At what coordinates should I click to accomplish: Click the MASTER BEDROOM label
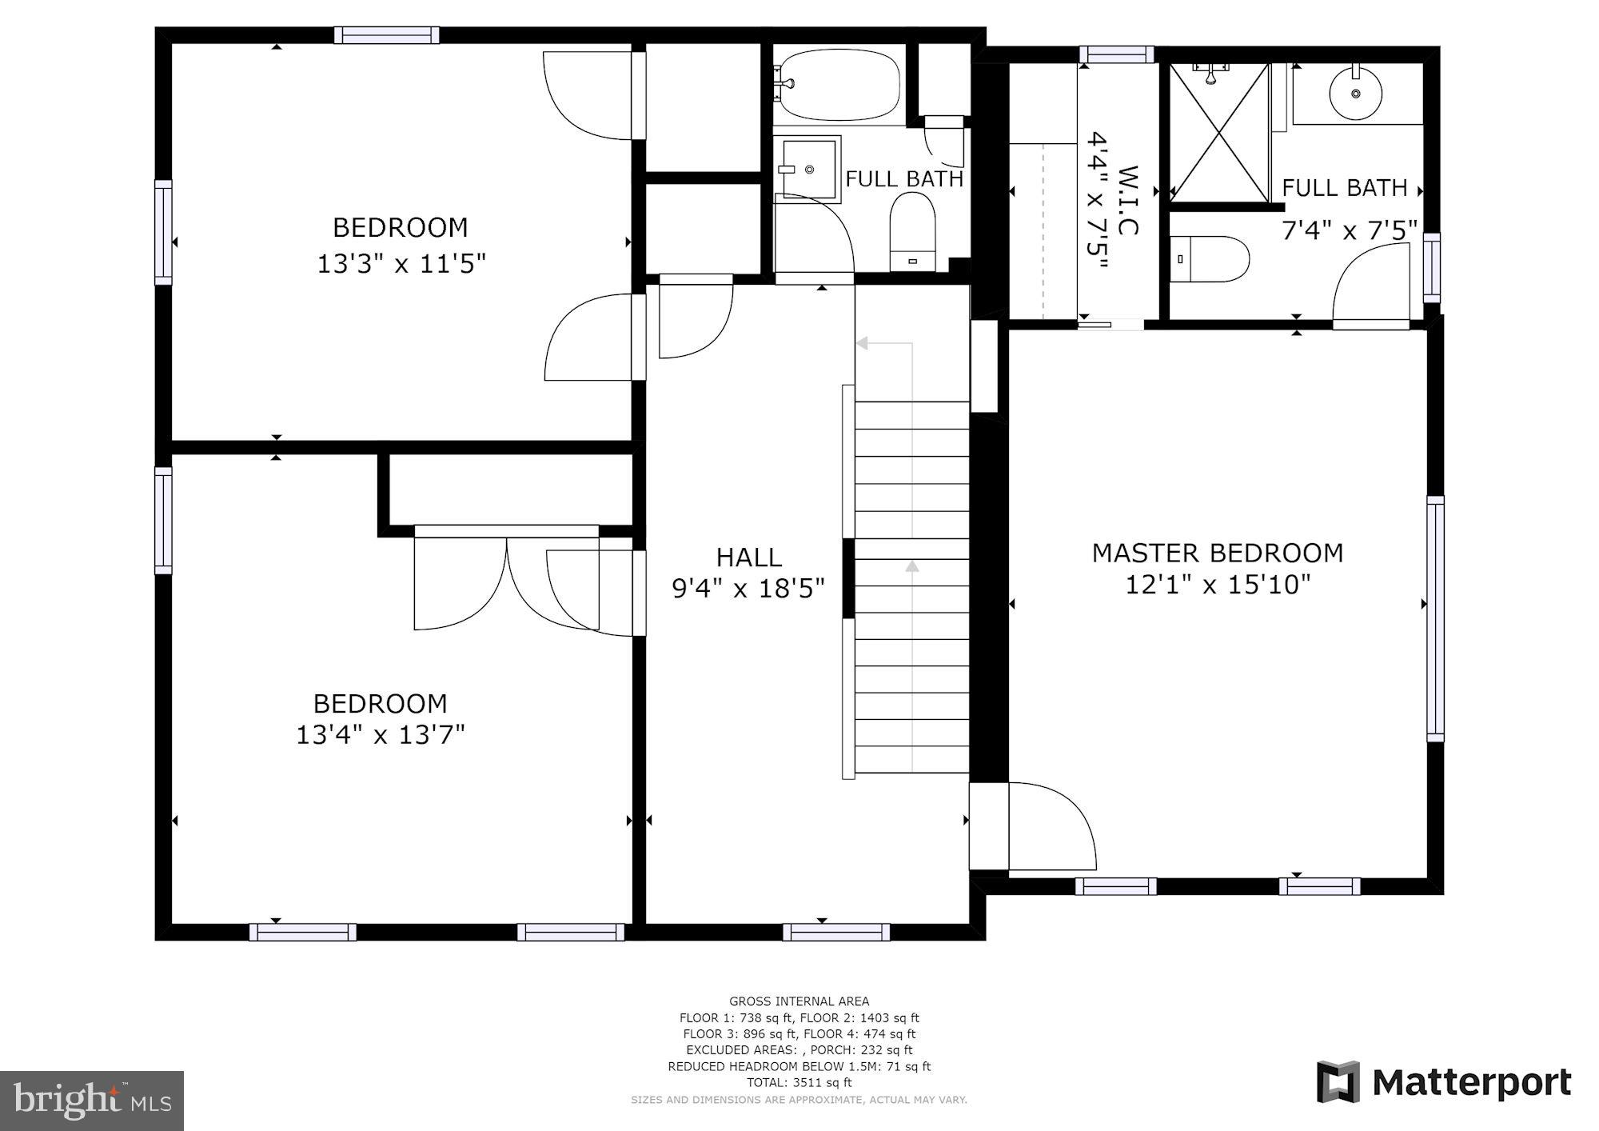(x=1217, y=553)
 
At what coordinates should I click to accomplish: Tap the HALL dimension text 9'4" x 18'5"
(x=748, y=589)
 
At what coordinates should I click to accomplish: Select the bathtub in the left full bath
(x=839, y=84)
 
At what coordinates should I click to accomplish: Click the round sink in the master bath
(x=1355, y=94)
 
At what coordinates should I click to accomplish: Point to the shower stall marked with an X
(x=1219, y=132)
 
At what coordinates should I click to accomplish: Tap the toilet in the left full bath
(x=912, y=233)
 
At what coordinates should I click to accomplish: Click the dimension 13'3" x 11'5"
(x=401, y=263)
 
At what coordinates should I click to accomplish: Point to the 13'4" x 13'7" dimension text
(x=380, y=734)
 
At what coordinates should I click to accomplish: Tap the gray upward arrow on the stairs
(x=912, y=566)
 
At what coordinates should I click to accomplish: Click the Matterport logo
(x=1444, y=1082)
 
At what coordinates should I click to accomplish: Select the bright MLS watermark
(x=92, y=1101)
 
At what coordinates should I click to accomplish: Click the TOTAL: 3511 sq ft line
(x=799, y=1082)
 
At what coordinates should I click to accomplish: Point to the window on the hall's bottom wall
(x=835, y=932)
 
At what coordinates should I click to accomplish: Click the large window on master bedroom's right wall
(x=1435, y=618)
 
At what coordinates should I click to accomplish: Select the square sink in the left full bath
(x=809, y=170)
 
